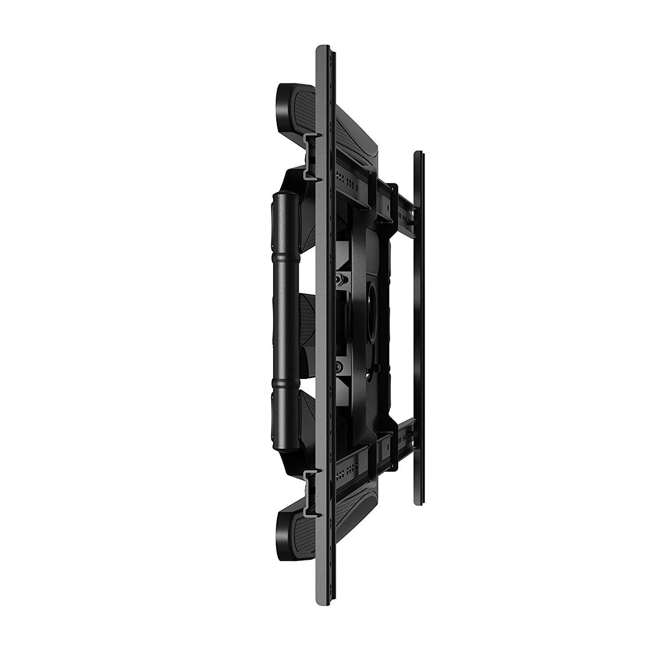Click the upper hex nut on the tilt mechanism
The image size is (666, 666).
click(x=340, y=279)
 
